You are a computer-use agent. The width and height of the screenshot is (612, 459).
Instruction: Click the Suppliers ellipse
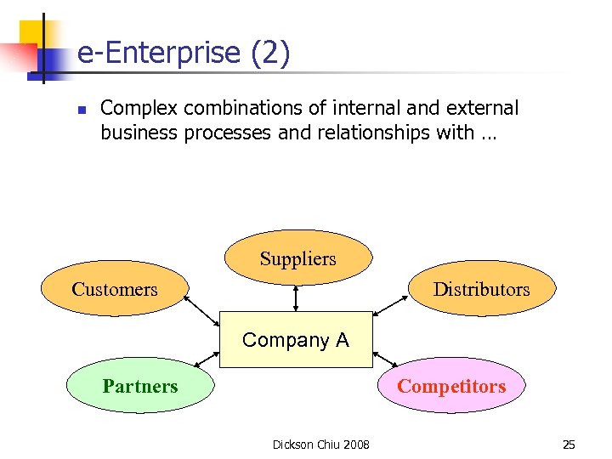tap(297, 258)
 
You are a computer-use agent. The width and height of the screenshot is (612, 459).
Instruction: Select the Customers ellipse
tap(115, 289)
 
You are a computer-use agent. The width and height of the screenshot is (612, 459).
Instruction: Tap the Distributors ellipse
tap(481, 289)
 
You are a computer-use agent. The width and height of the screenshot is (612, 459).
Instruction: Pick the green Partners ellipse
tap(140, 386)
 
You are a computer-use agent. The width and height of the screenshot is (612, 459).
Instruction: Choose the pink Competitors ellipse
tap(451, 386)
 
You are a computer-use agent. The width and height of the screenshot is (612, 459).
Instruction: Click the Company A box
tap(296, 340)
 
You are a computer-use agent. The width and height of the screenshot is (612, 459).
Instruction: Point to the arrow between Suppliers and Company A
tap(296, 298)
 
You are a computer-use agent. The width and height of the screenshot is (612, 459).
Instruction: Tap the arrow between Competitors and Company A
tap(386, 359)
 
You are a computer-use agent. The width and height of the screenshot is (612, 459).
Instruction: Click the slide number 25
tap(569, 445)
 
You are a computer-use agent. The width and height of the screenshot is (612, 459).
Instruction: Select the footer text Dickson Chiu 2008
tap(320, 445)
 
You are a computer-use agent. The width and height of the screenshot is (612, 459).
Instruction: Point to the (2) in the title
tap(270, 54)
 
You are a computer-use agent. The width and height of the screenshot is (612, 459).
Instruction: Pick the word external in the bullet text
tap(483, 109)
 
